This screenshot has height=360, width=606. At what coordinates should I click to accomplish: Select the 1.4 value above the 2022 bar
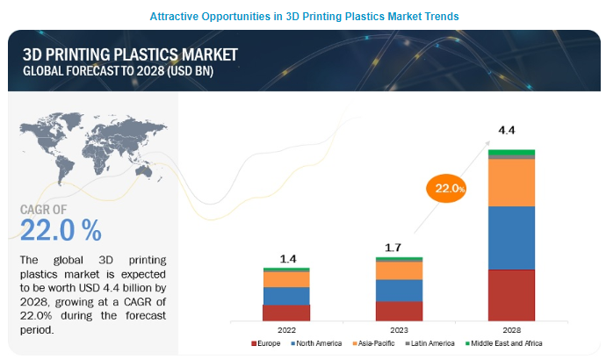[287, 259]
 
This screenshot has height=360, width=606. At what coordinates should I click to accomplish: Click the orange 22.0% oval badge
[446, 188]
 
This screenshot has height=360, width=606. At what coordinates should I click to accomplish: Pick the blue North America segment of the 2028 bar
[511, 237]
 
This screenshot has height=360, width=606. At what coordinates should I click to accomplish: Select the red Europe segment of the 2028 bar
[511, 295]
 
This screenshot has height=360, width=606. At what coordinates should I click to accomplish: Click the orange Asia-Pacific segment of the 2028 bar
[511, 183]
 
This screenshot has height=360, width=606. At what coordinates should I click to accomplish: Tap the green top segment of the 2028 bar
[511, 153]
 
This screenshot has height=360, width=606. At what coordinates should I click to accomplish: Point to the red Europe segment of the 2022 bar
[286, 313]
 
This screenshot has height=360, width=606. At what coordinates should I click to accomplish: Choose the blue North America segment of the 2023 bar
[399, 291]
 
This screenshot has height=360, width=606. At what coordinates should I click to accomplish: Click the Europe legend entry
[269, 342]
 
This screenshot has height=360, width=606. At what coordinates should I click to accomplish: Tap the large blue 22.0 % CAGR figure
[61, 230]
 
